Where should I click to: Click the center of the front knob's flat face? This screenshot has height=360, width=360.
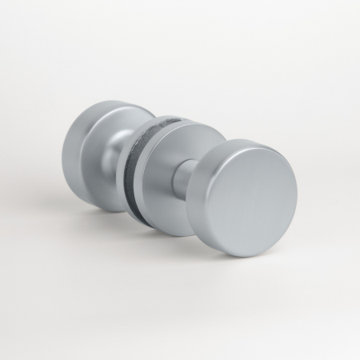click(254, 198)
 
